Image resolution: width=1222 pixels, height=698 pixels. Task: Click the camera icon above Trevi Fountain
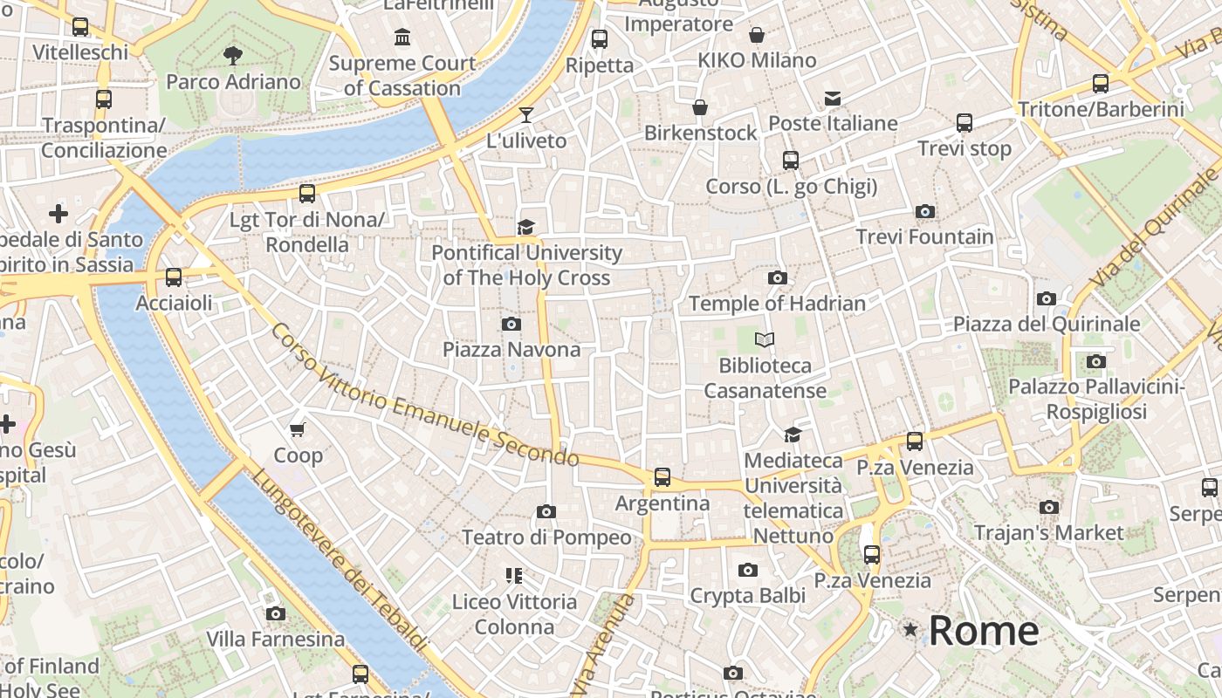coord(924,211)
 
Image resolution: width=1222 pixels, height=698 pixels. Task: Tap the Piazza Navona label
coord(511,349)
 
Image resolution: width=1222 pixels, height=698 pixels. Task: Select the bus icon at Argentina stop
coord(662,477)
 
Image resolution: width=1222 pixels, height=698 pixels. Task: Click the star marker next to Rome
coord(910,629)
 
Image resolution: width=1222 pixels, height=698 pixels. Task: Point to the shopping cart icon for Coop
coord(298,429)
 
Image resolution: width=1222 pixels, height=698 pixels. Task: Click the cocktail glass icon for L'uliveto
coord(525,114)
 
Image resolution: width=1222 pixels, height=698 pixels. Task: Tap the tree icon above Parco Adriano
coord(232,56)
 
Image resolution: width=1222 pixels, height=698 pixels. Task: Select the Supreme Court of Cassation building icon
coord(402,38)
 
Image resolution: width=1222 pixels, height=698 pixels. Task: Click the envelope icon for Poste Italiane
coord(833,98)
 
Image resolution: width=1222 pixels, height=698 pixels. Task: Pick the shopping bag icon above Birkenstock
coord(700,107)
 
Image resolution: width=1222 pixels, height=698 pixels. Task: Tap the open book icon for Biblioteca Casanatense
coord(765,339)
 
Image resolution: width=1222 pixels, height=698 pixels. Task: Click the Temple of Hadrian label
coord(777,304)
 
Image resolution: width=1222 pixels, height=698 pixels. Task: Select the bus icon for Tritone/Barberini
coord(1101,84)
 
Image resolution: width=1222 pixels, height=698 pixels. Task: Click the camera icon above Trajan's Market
coord(1049,507)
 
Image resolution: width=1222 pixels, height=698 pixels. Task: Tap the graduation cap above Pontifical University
coord(525,228)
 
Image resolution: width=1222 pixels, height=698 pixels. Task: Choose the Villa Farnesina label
coord(275,640)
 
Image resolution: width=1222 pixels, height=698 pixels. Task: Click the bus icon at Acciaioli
coord(174,277)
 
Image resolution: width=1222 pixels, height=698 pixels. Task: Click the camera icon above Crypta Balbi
coord(747,570)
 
